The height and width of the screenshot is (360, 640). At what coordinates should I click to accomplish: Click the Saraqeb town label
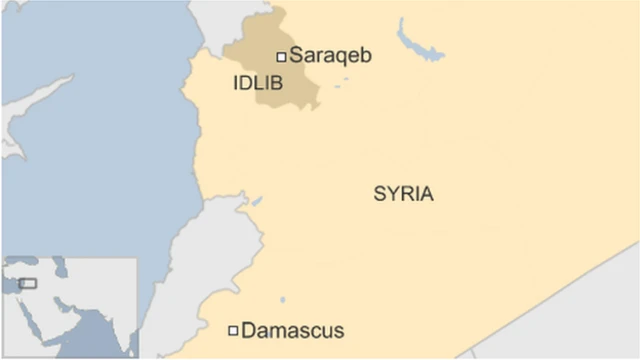pyautogui.click(x=331, y=56)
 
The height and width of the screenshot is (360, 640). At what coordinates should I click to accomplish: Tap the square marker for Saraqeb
pyautogui.click(x=282, y=56)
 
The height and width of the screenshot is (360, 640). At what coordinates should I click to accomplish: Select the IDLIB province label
pyautogui.click(x=258, y=84)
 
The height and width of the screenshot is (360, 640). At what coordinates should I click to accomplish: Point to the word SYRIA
pyautogui.click(x=403, y=194)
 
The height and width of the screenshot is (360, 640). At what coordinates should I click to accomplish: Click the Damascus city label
pyautogui.click(x=293, y=330)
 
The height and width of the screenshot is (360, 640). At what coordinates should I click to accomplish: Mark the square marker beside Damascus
pyautogui.click(x=233, y=330)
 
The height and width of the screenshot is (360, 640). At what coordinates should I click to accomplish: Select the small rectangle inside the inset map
pyautogui.click(x=27, y=284)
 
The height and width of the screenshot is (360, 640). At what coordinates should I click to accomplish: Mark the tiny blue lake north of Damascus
pyautogui.click(x=282, y=299)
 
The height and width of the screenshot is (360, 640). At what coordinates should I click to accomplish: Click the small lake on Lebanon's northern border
pyautogui.click(x=256, y=202)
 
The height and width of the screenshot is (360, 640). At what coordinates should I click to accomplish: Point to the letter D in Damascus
pyautogui.click(x=249, y=330)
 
